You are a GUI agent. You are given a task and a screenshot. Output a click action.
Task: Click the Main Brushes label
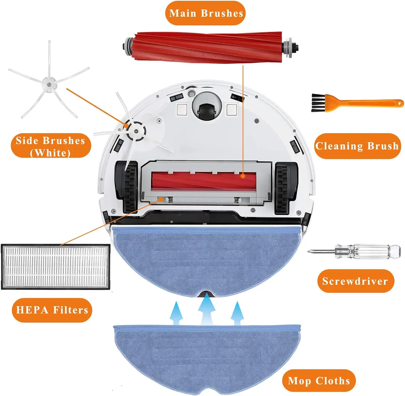[x=205, y=13]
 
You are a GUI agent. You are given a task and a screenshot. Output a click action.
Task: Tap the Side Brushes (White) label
[x=51, y=146]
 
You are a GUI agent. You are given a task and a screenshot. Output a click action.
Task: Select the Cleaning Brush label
[x=357, y=146]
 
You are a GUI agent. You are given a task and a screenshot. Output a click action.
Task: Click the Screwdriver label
[x=355, y=281]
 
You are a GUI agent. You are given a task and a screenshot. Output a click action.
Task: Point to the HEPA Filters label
[x=52, y=310]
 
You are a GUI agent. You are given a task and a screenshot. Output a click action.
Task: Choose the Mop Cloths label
[x=319, y=381]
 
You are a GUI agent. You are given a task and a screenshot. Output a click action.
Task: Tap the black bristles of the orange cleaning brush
[x=318, y=103]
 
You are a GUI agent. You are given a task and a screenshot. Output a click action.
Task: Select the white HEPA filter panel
[x=55, y=267]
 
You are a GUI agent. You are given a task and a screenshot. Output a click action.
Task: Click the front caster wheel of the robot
[x=207, y=107]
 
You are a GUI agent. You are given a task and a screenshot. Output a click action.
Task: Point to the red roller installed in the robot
[x=204, y=180]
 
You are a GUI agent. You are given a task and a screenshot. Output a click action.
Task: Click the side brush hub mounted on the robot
[x=136, y=131]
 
